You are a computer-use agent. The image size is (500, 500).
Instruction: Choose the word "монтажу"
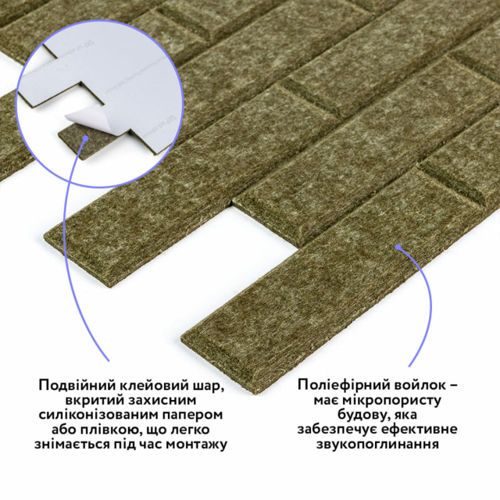point(198,445)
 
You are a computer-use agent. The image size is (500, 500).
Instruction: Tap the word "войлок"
point(416,384)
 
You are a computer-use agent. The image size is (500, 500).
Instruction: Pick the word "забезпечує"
point(337,429)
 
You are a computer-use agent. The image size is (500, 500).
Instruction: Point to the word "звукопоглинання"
point(377,445)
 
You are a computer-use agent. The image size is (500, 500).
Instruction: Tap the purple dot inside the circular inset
point(85,138)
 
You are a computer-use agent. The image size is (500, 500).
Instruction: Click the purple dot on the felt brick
point(398,247)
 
